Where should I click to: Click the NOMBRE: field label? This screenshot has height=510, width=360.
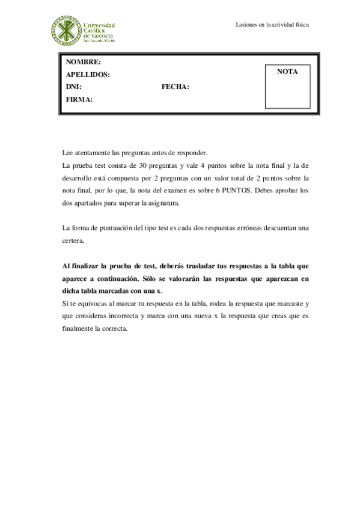click(83, 63)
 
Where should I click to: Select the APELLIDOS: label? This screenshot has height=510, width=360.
click(87, 75)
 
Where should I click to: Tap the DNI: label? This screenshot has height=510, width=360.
click(73, 87)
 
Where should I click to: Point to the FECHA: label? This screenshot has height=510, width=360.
click(175, 87)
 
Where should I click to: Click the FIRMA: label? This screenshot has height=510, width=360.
click(79, 100)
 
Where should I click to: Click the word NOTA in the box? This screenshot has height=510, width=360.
click(287, 72)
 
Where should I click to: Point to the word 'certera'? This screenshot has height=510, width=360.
click(73, 241)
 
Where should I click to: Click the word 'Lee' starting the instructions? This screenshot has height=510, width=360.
click(67, 153)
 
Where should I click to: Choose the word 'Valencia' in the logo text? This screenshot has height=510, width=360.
click(98, 35)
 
